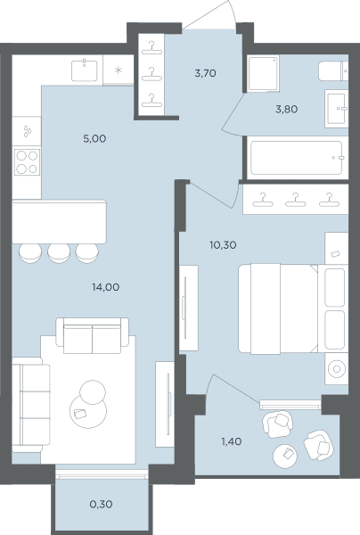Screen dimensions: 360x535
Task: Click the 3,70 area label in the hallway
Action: pyautogui.click(x=205, y=73)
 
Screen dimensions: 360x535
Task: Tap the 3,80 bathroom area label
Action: pyautogui.click(x=287, y=109)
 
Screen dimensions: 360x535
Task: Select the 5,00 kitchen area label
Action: pyautogui.click(x=94, y=138)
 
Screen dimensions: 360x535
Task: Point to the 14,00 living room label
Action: pyautogui.click(x=106, y=287)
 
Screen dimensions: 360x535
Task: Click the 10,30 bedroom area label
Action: pyautogui.click(x=223, y=245)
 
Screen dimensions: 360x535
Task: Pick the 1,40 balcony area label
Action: pyautogui.click(x=232, y=441)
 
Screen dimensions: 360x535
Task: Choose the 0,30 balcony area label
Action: pyautogui.click(x=102, y=505)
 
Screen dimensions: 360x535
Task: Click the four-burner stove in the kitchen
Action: pyautogui.click(x=27, y=162)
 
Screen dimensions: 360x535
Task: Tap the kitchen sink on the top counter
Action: pyautogui.click(x=84, y=70)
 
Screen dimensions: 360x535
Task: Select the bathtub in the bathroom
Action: pyautogui.click(x=296, y=158)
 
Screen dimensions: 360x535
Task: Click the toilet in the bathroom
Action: pyautogui.click(x=333, y=71)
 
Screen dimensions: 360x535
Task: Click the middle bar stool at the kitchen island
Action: pyautogui.click(x=59, y=253)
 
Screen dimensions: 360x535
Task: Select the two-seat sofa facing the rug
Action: pyautogui.click(x=93, y=336)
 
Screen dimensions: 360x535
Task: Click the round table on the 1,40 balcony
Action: pyautogui.click(x=285, y=457)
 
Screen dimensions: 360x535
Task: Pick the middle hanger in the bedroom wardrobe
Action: pyautogui.click(x=296, y=200)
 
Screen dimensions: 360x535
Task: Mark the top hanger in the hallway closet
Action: pyautogui.click(x=151, y=48)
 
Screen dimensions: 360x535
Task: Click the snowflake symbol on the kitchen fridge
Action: pyautogui.click(x=118, y=70)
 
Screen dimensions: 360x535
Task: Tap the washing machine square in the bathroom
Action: pyautogui.click(x=263, y=74)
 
